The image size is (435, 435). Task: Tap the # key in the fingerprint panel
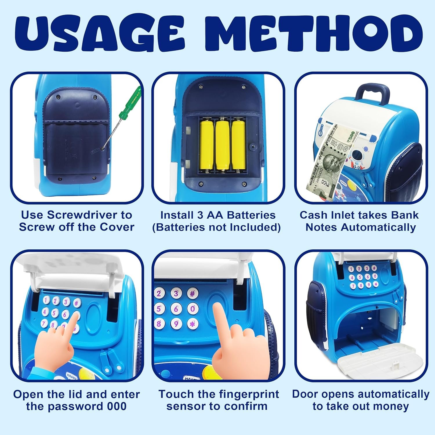[x=192, y=293]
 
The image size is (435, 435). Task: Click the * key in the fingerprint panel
[x=193, y=323]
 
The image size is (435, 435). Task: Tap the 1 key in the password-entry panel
[x=47, y=300]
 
